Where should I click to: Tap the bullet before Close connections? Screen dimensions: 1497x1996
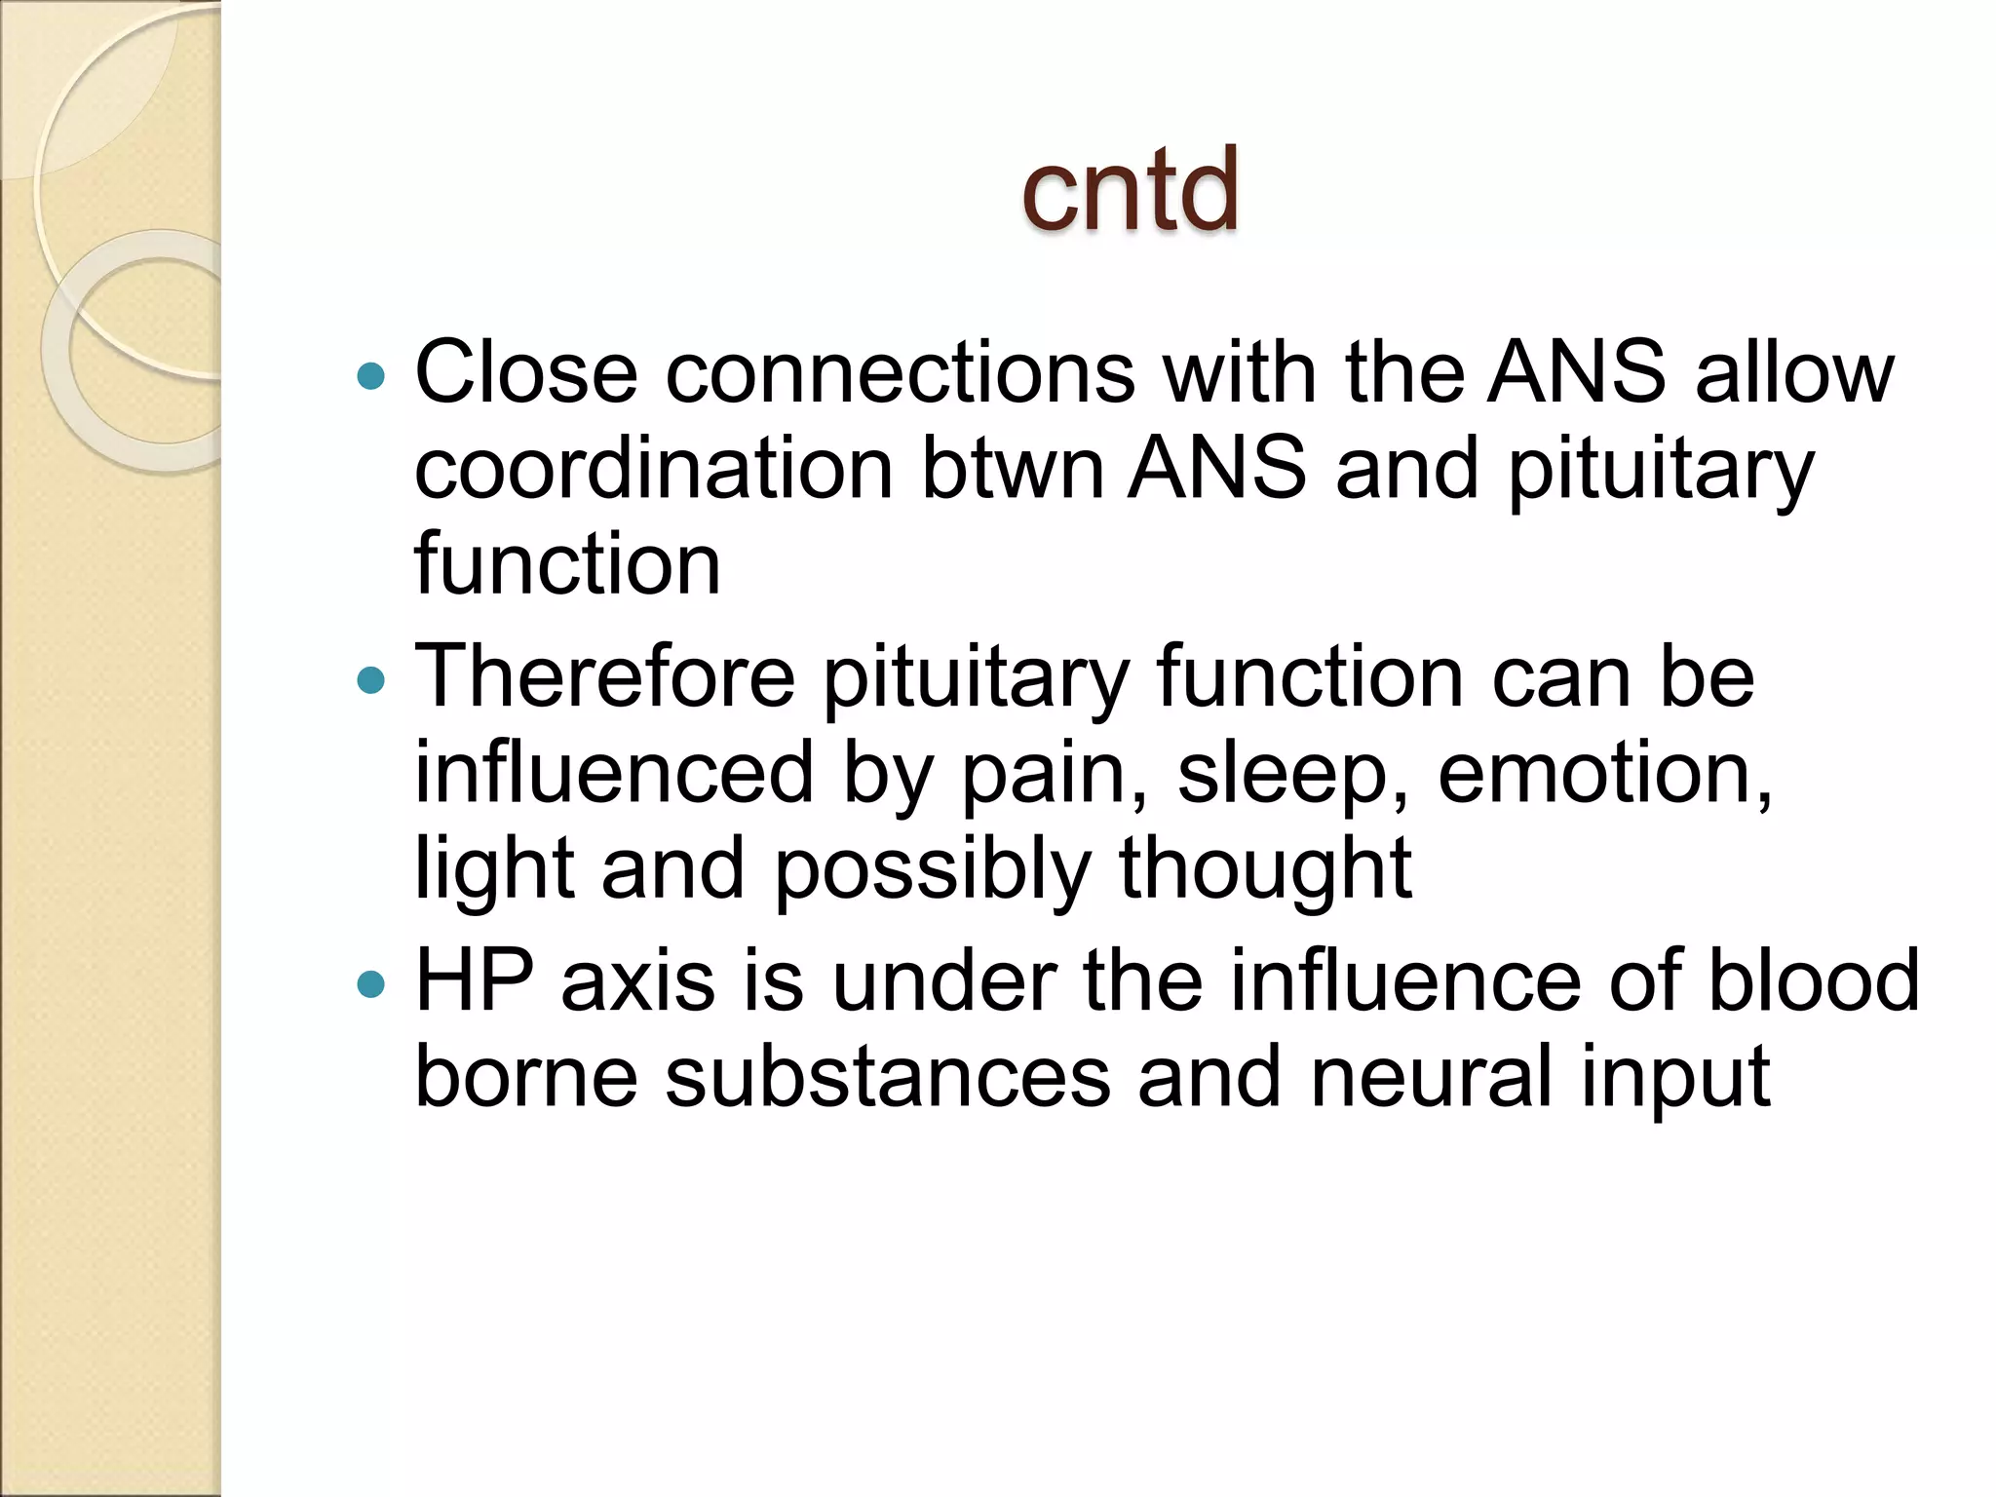tap(371, 375)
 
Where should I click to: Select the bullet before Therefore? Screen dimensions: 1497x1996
tap(371, 679)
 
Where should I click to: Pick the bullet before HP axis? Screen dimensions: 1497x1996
tap(371, 984)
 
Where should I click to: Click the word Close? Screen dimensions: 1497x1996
tap(525, 373)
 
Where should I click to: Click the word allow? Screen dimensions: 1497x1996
tap(1794, 373)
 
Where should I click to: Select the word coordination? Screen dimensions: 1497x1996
tap(654, 469)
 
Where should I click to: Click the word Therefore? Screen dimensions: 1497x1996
tap(605, 677)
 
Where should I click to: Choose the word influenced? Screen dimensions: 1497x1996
tap(614, 773)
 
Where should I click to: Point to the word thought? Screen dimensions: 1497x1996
tap(1265, 869)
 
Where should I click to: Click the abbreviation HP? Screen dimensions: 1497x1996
tap(475, 981)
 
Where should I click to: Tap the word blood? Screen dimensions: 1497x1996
tap(1814, 981)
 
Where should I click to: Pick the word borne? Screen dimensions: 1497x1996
tap(525, 1077)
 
